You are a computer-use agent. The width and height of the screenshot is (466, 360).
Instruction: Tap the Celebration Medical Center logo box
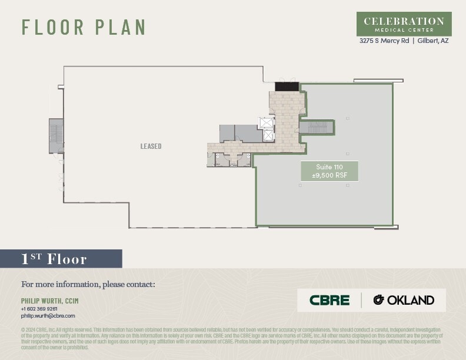(x=404, y=24)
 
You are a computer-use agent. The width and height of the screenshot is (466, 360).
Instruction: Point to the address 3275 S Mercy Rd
(x=384, y=41)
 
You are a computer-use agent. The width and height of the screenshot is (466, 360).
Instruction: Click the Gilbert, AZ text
(x=433, y=41)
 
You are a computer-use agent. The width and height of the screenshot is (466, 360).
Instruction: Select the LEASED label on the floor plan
(x=151, y=146)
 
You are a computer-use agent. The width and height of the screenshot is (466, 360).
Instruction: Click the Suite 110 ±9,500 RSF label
(x=329, y=171)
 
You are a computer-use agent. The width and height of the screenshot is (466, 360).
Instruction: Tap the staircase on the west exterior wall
(x=56, y=135)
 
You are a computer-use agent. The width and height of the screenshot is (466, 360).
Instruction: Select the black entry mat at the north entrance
(x=287, y=86)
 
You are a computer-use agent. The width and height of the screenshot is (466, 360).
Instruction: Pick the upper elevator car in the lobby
(x=267, y=123)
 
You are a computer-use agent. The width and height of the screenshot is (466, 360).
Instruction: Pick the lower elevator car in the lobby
(x=268, y=135)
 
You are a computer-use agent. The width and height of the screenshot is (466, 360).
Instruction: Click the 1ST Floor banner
(x=61, y=259)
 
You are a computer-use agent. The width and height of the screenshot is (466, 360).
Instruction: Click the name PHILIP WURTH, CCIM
(x=49, y=301)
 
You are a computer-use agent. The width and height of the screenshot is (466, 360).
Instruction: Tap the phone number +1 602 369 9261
(x=39, y=308)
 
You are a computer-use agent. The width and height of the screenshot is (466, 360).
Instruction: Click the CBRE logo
(x=329, y=300)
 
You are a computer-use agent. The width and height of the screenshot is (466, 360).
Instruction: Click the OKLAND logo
(x=404, y=300)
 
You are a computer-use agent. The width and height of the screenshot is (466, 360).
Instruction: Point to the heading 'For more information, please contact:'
(x=88, y=285)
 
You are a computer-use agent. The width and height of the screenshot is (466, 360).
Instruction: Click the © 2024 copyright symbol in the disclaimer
(x=23, y=330)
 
